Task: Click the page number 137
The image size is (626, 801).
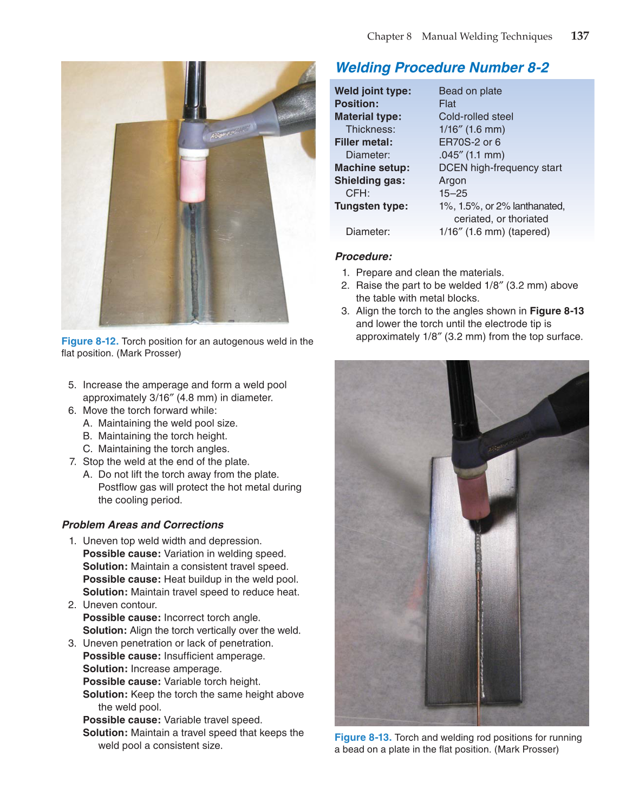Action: coord(579,36)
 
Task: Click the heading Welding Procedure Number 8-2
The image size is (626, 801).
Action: coord(442,68)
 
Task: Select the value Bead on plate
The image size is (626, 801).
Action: coord(470,91)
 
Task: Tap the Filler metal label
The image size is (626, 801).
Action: coord(363,142)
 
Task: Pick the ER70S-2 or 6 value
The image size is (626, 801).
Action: coord(469,142)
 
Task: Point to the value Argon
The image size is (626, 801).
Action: coord(452,180)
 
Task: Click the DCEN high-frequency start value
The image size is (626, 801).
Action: coord(500,168)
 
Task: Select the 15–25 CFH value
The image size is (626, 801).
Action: coord(453,193)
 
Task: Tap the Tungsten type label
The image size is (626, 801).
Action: coord(371,206)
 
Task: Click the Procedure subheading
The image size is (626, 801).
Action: coord(363,257)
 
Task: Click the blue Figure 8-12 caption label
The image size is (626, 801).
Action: coord(90,341)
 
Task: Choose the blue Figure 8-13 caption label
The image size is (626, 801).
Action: coord(363,738)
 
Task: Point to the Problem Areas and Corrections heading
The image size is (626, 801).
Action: coord(142,525)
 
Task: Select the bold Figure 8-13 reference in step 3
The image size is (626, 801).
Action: coord(556,311)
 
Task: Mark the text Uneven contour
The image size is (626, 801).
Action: coord(120,605)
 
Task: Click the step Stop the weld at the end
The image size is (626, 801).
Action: coord(166,461)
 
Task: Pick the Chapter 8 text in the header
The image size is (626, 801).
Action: coord(389,36)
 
